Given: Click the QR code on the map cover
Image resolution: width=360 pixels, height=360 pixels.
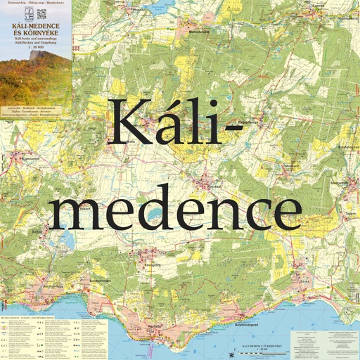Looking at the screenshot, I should coord(41,13).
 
